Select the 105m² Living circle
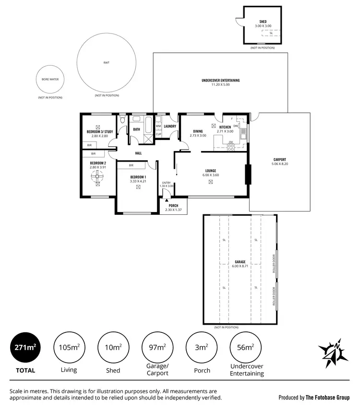point(69,347)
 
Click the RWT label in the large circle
point(106,63)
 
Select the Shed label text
point(263,22)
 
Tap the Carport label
point(279,160)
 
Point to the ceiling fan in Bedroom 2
point(98,177)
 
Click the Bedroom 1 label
point(138,177)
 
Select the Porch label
point(173,206)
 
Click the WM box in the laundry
point(158,126)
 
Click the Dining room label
point(198,131)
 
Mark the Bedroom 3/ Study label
point(99,131)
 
